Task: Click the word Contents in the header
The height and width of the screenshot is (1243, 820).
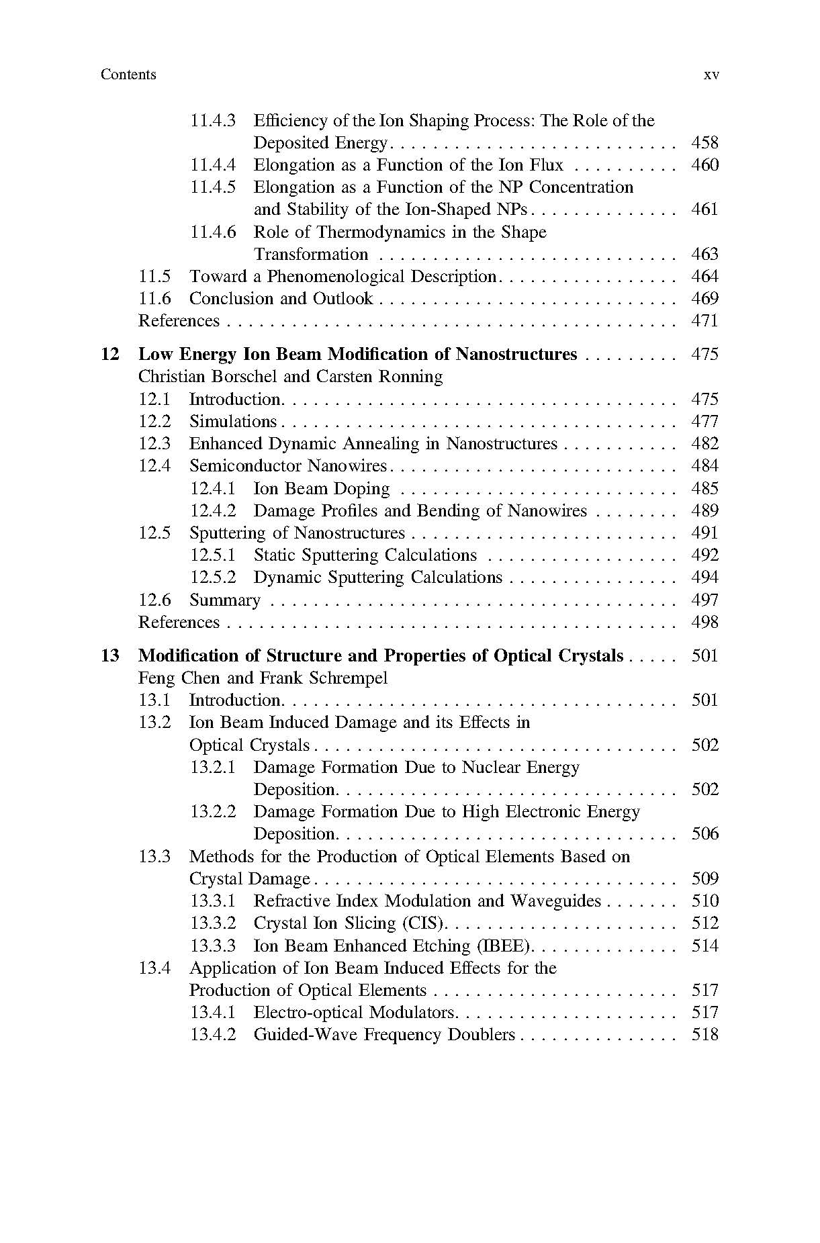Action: [x=128, y=75]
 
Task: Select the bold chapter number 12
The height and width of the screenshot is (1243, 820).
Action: [x=109, y=355]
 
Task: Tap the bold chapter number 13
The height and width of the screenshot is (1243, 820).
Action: [x=109, y=656]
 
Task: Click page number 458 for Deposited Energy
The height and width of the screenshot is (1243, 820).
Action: [x=704, y=143]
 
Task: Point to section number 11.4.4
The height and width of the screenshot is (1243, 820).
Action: [x=213, y=165]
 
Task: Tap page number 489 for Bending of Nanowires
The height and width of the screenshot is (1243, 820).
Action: [x=704, y=511]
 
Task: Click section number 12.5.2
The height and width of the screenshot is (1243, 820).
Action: [x=213, y=578]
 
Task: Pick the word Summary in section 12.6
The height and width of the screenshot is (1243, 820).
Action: [x=224, y=600]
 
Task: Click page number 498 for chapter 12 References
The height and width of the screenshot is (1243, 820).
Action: [x=704, y=623]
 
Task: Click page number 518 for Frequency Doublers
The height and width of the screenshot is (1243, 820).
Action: [x=704, y=1035]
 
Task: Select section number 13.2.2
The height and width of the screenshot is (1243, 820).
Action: [x=213, y=812]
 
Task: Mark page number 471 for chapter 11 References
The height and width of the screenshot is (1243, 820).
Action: [x=704, y=321]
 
